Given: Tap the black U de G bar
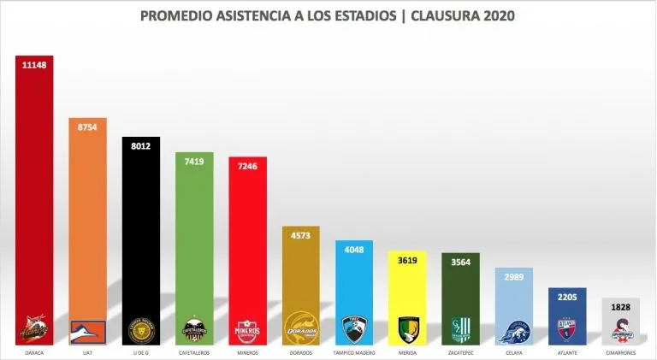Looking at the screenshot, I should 141,231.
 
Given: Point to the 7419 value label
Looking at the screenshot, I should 194,160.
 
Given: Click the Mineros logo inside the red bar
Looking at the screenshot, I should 247,328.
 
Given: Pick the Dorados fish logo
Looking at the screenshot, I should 300,328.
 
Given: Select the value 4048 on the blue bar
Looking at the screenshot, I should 353,250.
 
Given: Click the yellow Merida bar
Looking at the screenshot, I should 407,291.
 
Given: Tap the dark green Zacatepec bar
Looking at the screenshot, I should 460,291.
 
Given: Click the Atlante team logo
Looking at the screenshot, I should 566,328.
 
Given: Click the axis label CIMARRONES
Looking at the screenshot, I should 619,351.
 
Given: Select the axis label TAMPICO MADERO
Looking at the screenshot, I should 353,351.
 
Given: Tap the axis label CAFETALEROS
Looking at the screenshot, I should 194,351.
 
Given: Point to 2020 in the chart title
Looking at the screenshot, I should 498,16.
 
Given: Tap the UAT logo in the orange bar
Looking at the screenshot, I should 87,328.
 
